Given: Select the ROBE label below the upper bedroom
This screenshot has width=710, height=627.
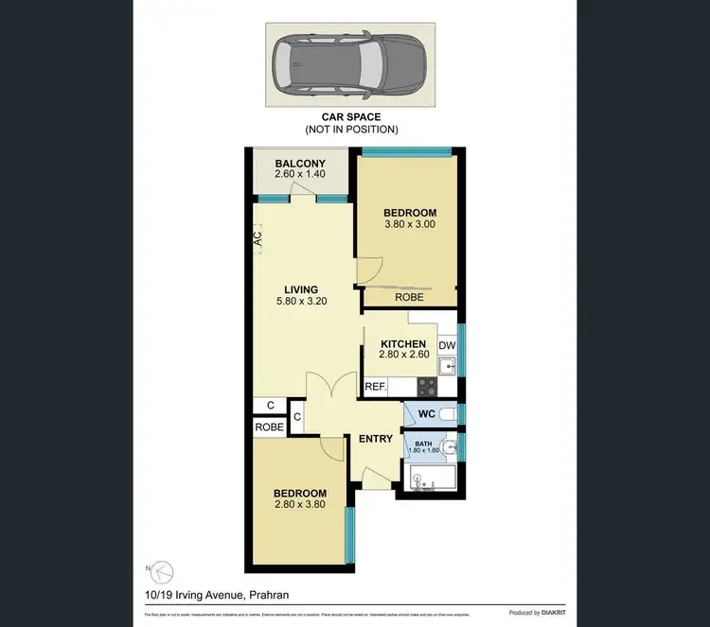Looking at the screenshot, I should tap(409, 298).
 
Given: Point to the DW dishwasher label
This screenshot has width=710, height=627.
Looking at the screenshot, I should tap(447, 346).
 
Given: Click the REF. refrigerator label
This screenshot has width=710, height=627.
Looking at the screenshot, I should tap(375, 387).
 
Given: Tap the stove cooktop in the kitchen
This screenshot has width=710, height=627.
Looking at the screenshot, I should tap(427, 386).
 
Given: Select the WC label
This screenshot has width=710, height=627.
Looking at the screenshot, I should tap(426, 414).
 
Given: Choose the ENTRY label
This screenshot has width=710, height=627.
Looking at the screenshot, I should tap(375, 439).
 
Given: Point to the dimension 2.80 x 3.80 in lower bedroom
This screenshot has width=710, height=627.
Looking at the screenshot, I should tap(300, 506).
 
